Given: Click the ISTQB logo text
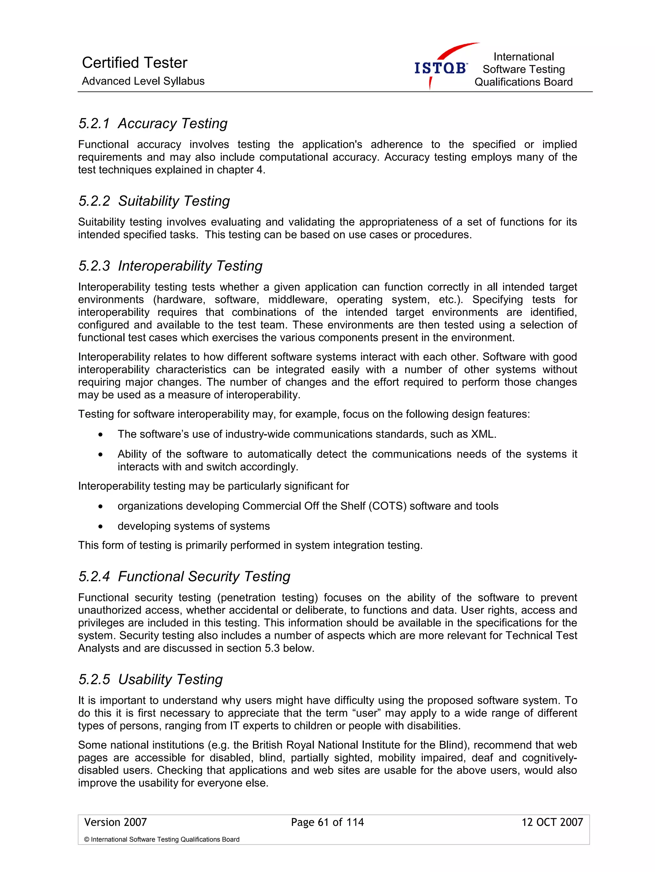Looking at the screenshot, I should [x=440, y=68].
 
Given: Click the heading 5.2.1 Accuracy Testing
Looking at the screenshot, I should [x=153, y=123].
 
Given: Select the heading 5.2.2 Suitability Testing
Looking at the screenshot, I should [x=154, y=201].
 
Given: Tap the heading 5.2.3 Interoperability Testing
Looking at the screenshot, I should [x=170, y=266].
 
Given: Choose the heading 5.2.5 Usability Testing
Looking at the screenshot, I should [x=151, y=679].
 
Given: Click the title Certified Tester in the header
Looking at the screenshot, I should [x=134, y=63].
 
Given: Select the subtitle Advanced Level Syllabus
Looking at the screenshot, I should [x=143, y=81].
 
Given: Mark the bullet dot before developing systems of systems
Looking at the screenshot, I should [x=101, y=527].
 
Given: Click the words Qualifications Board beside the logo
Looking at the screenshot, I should [x=523, y=82].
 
